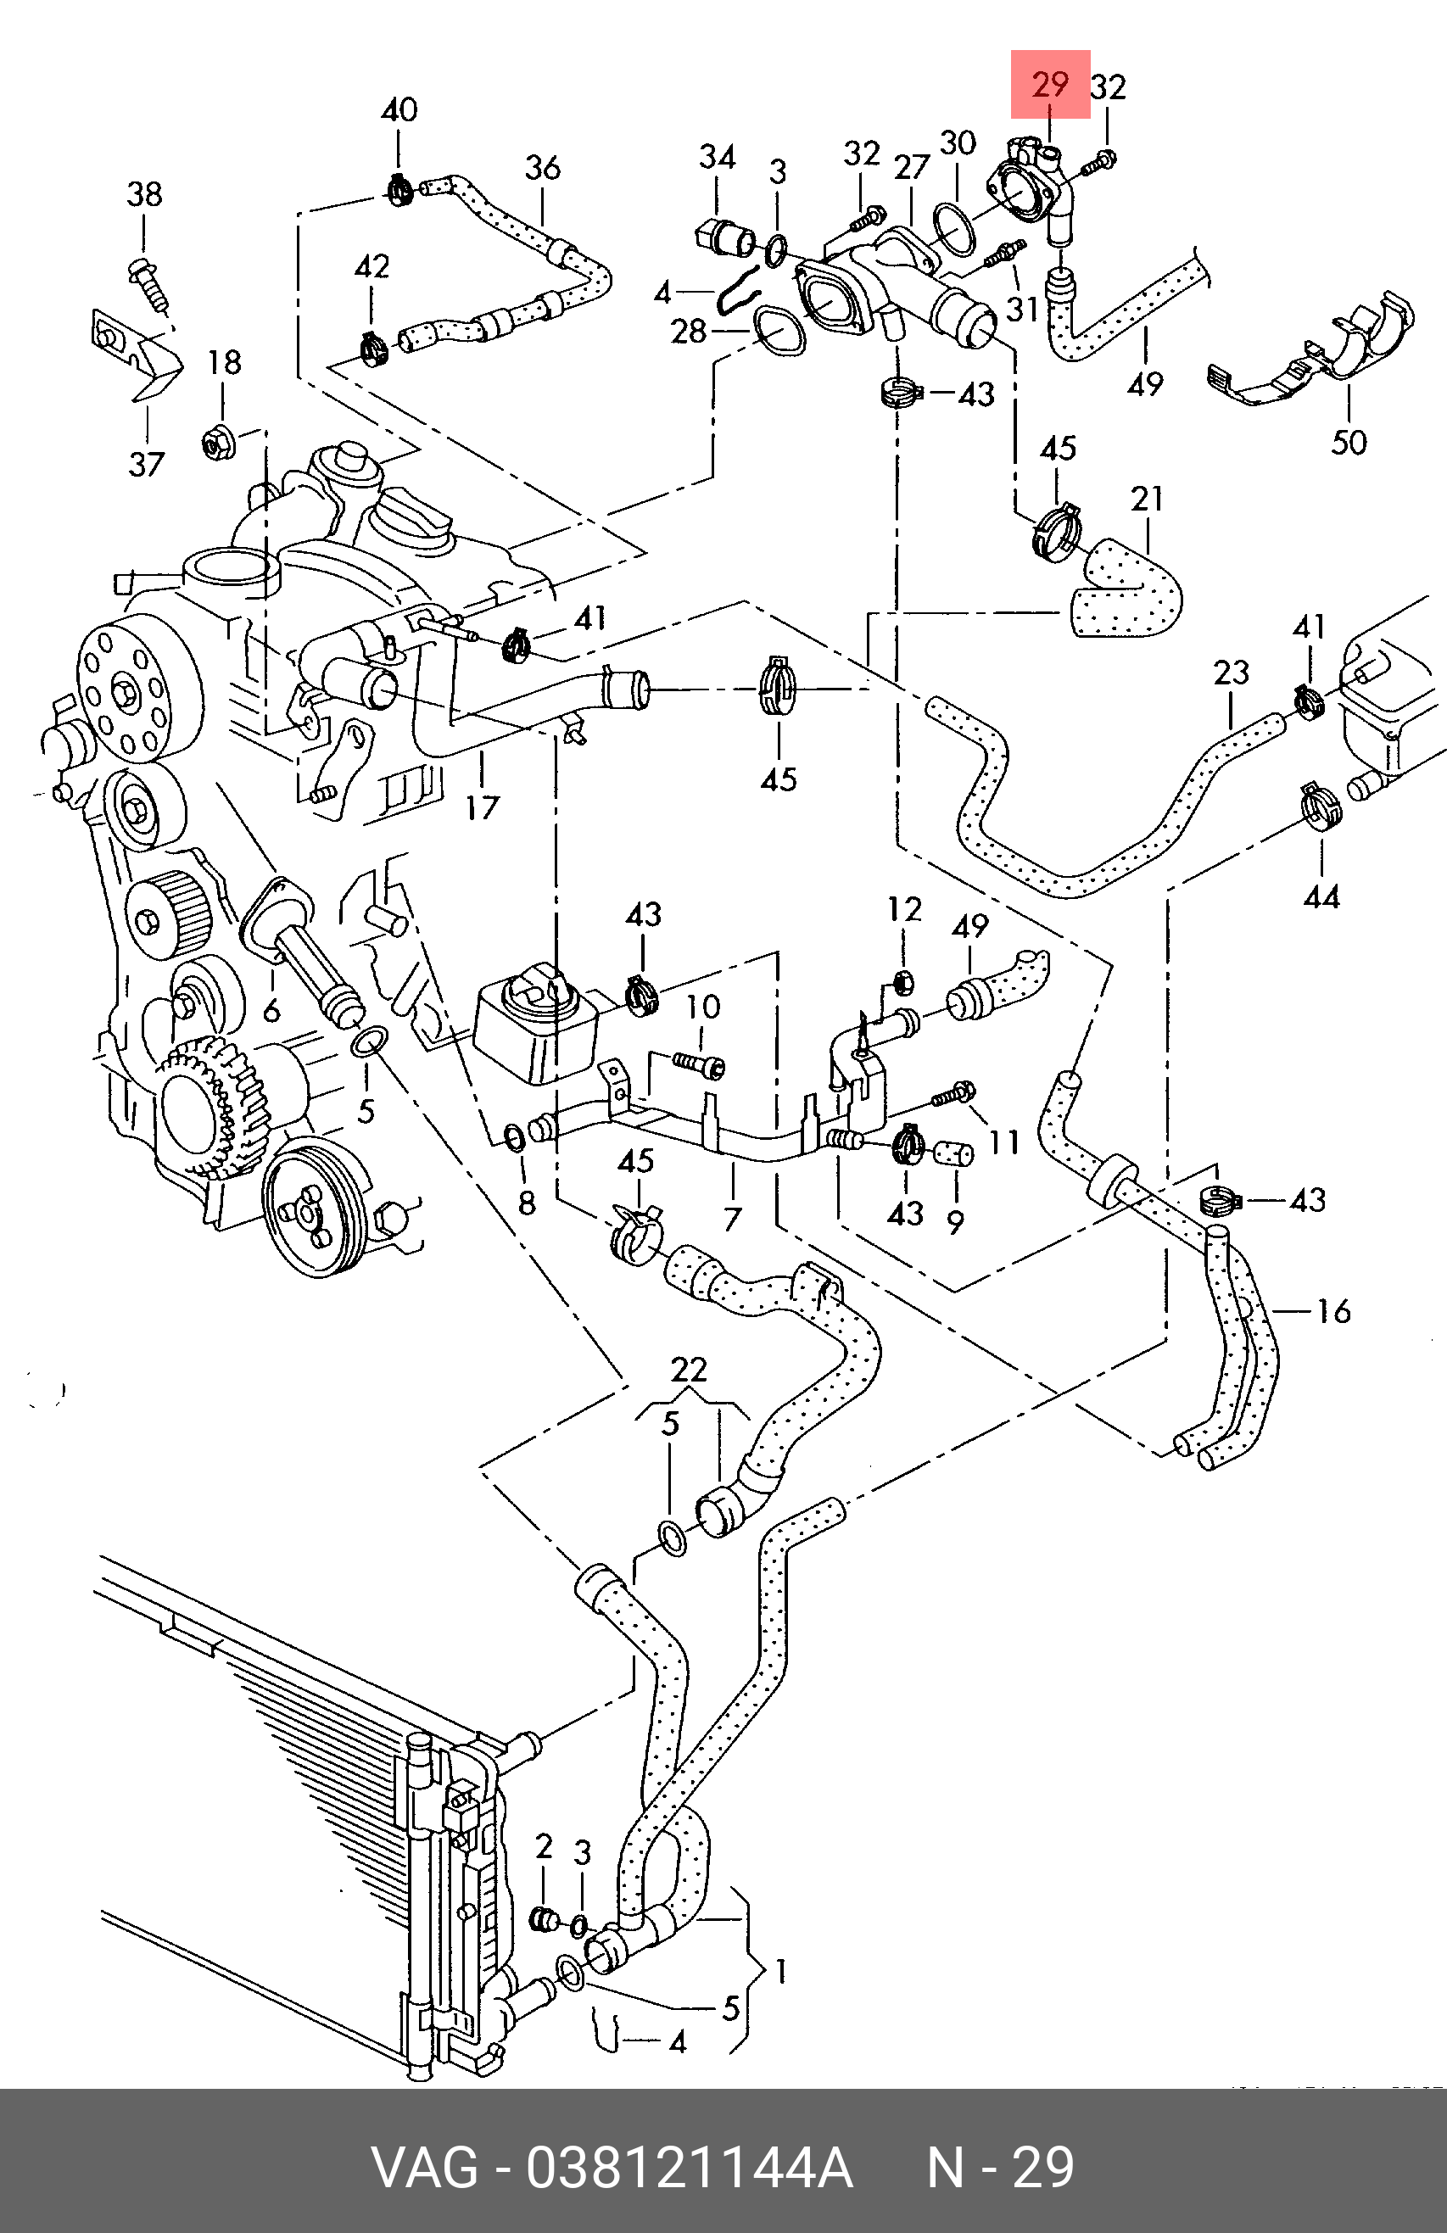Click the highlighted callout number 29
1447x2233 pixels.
(x=1050, y=86)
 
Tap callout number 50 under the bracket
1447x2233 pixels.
(x=1349, y=442)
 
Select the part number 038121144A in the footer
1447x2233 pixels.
(x=690, y=2168)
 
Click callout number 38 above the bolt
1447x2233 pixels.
(x=144, y=194)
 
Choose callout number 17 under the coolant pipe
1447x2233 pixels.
(x=482, y=807)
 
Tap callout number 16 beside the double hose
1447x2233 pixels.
(x=1333, y=1311)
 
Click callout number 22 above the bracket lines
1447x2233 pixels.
(x=689, y=1371)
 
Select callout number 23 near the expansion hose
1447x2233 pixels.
(x=1232, y=673)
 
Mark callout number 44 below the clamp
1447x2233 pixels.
(x=1321, y=898)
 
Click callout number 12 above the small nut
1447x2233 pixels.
(x=905, y=909)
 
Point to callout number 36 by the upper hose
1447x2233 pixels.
(x=542, y=168)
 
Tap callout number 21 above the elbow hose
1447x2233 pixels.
(x=1147, y=500)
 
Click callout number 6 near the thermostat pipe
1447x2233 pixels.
(x=272, y=1009)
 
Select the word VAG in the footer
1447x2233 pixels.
(x=424, y=2168)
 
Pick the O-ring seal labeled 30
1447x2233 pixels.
(x=956, y=231)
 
